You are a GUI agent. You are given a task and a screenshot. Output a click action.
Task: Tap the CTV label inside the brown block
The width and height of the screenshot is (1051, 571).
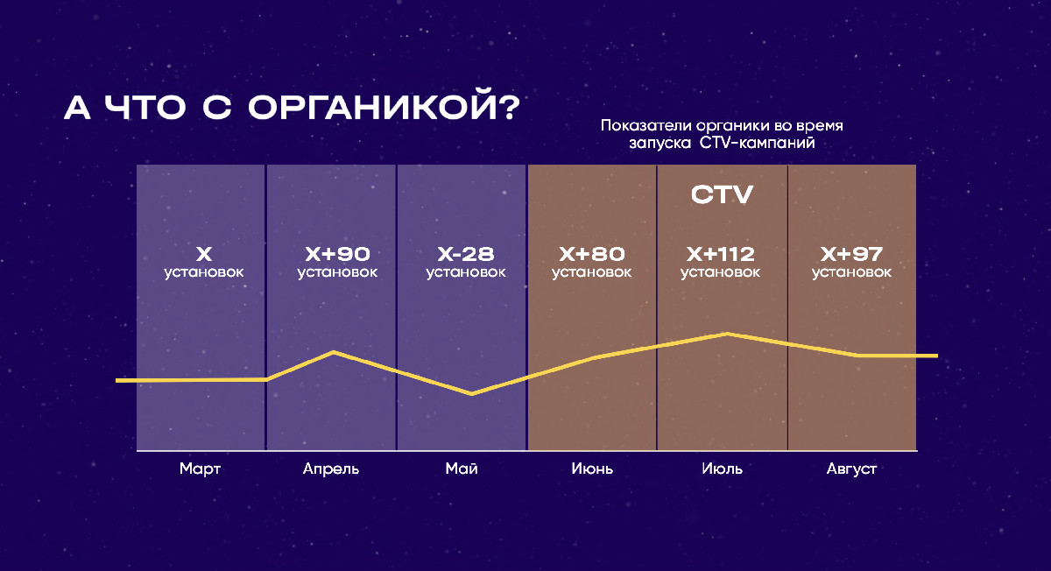[x=722, y=194]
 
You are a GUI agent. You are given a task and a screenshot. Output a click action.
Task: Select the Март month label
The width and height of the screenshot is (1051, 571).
[x=200, y=469]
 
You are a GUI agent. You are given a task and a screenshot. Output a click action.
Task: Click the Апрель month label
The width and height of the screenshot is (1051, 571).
[x=331, y=469]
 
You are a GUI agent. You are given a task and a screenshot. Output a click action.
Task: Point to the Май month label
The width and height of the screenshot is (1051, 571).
[x=462, y=469]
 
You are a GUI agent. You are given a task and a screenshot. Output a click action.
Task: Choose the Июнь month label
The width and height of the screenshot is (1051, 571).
[x=592, y=469]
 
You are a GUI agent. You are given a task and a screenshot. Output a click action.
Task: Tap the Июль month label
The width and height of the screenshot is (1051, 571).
[x=722, y=469]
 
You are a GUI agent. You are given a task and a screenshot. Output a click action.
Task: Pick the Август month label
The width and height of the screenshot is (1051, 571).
[x=851, y=469]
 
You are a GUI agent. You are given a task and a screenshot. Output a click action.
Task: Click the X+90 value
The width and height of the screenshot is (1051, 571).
[x=337, y=254]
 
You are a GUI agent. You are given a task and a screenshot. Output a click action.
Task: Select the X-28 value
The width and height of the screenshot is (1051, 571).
[x=465, y=254]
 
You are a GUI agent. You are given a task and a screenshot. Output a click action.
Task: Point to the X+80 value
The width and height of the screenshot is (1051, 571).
[x=592, y=254]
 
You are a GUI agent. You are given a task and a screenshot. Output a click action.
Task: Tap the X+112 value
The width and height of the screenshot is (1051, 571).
[x=720, y=254]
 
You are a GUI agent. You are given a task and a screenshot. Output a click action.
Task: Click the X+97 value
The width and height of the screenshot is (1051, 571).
[x=851, y=254]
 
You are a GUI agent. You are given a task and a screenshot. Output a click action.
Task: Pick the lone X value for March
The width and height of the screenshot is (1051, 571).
[x=203, y=254]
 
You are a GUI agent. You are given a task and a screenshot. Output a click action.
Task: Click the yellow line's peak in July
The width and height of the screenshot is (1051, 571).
[x=727, y=334]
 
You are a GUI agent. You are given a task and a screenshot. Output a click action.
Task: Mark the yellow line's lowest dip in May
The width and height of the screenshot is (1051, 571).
[x=471, y=393]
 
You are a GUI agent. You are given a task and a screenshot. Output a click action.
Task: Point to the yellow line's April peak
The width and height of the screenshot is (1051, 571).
[x=334, y=352]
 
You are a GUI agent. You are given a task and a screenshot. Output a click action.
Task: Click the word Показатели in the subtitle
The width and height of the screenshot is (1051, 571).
[x=646, y=126]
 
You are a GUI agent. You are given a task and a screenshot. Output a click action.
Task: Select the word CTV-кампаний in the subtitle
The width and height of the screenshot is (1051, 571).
[x=757, y=143]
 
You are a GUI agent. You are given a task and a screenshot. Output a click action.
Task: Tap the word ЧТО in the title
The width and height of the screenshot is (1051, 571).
[x=145, y=108]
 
